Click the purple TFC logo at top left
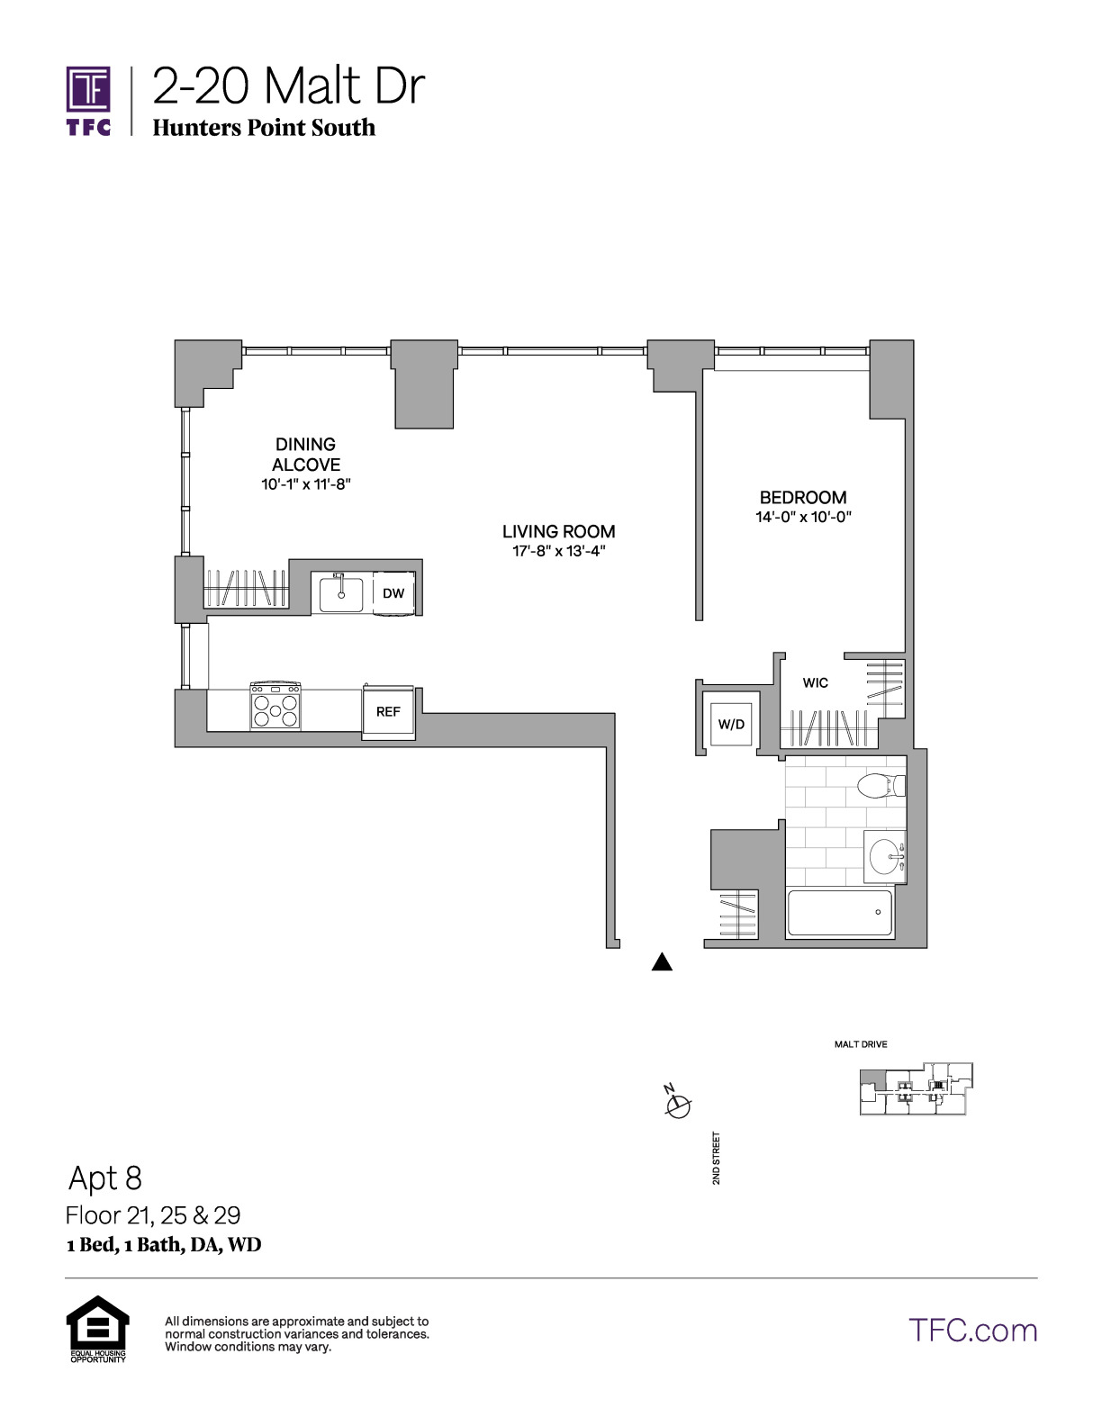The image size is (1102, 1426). click(88, 100)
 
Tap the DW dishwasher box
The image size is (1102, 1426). click(393, 593)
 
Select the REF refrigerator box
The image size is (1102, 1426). click(388, 712)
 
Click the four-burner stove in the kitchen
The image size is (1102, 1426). click(275, 706)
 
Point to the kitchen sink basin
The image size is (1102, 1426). click(341, 594)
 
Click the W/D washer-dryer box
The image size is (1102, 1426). click(731, 725)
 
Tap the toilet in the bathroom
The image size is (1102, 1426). click(881, 784)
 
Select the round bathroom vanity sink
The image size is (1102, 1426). click(886, 856)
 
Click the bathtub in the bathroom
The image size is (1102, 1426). click(840, 913)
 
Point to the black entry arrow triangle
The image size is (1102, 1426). click(662, 961)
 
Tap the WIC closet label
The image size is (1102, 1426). click(815, 682)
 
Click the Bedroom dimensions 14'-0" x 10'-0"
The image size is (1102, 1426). click(803, 517)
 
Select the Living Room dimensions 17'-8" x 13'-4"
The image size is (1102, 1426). click(558, 551)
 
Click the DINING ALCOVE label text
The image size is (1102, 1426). click(306, 454)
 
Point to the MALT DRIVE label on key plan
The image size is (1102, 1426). click(861, 1044)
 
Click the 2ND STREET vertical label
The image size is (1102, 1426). click(716, 1158)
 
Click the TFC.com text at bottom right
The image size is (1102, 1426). click(972, 1331)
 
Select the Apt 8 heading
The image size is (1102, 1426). click(105, 1178)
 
